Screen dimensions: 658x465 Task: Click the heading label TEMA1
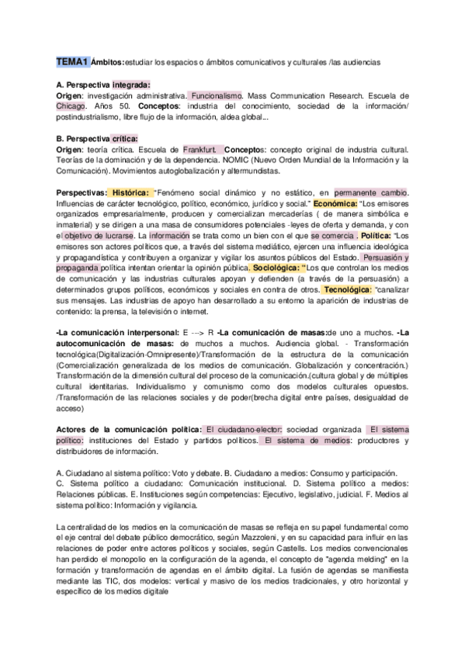click(x=72, y=60)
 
